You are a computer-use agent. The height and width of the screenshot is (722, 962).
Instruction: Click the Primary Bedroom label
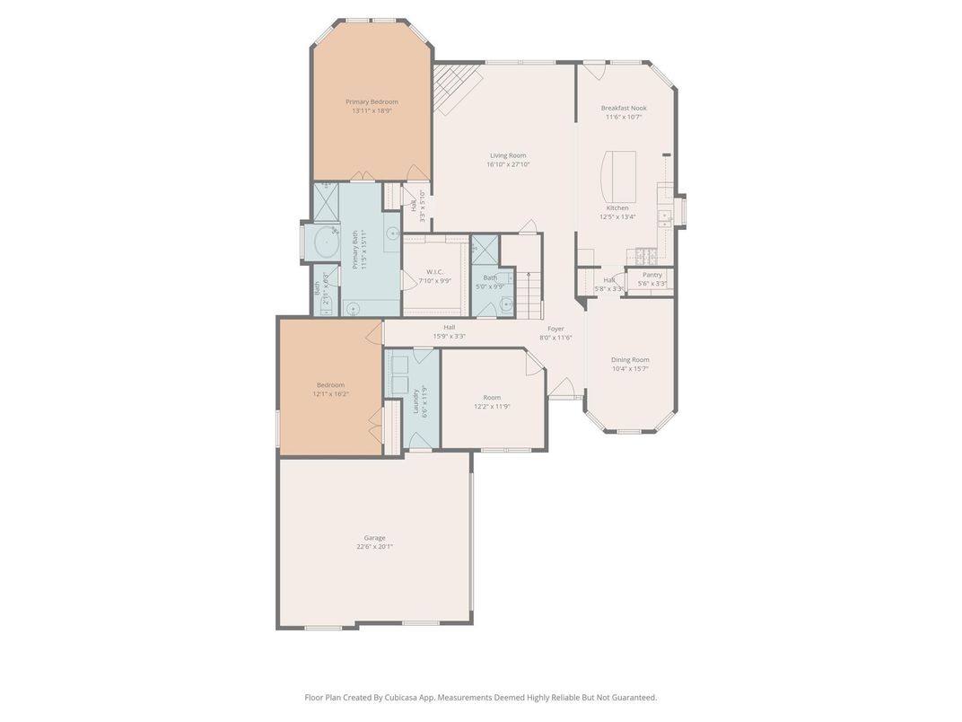[x=372, y=101]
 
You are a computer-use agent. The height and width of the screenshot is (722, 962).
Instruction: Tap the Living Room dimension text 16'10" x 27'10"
[x=508, y=164]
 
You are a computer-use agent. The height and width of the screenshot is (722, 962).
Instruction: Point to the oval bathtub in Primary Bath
[x=323, y=242]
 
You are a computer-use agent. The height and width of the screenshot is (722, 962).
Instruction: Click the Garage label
[x=374, y=538]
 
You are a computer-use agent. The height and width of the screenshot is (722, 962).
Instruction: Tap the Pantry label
[x=652, y=275]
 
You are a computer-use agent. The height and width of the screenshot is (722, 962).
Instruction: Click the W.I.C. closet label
[x=435, y=271]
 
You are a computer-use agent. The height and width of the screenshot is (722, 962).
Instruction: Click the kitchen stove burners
[x=646, y=255]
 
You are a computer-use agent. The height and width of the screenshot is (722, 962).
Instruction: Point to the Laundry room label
[x=416, y=401]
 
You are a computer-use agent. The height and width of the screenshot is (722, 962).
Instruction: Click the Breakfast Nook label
[x=624, y=108]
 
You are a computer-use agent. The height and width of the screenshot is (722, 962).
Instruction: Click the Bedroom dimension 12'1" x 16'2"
[x=330, y=394]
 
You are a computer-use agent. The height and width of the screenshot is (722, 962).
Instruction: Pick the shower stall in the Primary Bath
[x=326, y=203]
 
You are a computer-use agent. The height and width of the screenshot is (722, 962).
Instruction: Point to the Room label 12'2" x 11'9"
[x=492, y=398]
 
